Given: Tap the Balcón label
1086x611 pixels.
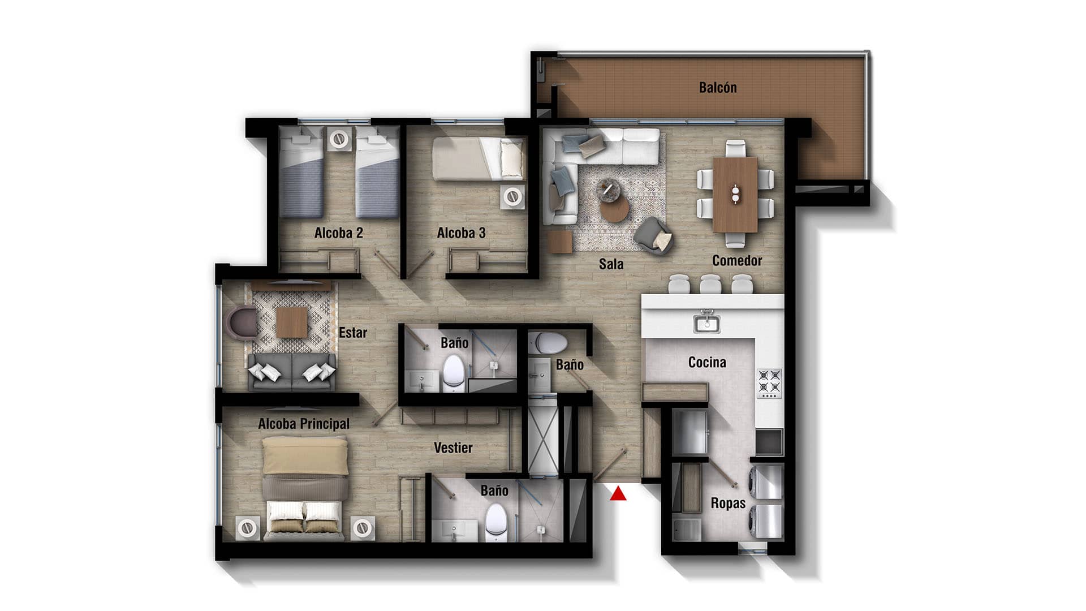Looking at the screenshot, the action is [x=718, y=88].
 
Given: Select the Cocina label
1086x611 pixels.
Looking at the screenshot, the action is [x=707, y=362].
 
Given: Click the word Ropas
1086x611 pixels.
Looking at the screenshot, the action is [x=728, y=503].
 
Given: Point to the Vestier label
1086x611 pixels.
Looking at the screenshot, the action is [x=453, y=448].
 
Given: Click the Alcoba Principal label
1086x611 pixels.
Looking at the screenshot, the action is [x=304, y=424].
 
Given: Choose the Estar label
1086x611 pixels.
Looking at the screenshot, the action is [x=353, y=333].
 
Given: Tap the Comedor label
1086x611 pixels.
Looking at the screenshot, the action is [x=737, y=261].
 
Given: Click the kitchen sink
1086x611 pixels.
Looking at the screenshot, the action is [x=706, y=324].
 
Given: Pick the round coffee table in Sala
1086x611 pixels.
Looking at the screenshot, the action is [x=614, y=210].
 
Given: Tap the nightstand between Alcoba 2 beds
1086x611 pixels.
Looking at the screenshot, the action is [x=339, y=139].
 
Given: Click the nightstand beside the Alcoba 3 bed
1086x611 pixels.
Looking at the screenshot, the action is [x=512, y=197].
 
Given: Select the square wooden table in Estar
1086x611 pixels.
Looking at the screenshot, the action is [x=292, y=321].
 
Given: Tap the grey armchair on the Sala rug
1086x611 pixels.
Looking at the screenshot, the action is [x=654, y=235].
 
